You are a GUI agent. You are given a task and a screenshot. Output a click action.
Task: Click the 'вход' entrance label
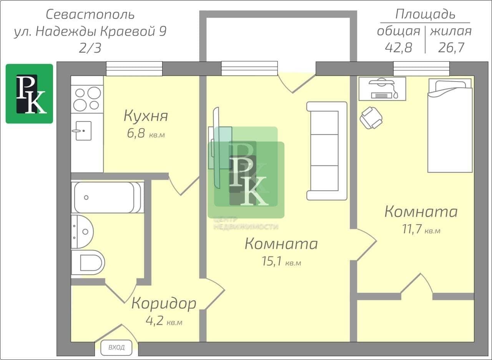(116, 347)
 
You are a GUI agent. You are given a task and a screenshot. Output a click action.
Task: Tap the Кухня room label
(146, 116)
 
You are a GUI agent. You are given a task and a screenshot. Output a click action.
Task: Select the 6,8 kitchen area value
(136, 133)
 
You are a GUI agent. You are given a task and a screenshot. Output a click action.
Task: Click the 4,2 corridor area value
(155, 321)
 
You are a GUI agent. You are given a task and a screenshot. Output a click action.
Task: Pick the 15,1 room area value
(272, 261)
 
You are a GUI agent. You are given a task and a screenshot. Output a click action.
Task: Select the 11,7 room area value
(412, 229)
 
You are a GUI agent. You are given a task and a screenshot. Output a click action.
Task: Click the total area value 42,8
(399, 47)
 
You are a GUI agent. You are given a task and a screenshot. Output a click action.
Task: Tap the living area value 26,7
(451, 47)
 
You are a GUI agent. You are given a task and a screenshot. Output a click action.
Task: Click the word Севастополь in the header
(90, 15)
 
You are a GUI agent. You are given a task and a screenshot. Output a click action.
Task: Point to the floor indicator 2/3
(90, 48)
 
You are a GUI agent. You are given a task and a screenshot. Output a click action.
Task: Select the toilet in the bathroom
(88, 263)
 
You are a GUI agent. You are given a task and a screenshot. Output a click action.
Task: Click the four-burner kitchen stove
(87, 99)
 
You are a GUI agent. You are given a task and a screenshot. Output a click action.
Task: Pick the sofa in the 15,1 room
(327, 151)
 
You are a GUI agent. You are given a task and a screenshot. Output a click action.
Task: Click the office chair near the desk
(371, 118)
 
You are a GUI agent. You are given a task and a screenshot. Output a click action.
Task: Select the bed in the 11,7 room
(450, 125)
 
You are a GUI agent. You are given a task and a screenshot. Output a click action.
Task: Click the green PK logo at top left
(29, 93)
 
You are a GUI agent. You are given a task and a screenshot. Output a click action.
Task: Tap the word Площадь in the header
(425, 14)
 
